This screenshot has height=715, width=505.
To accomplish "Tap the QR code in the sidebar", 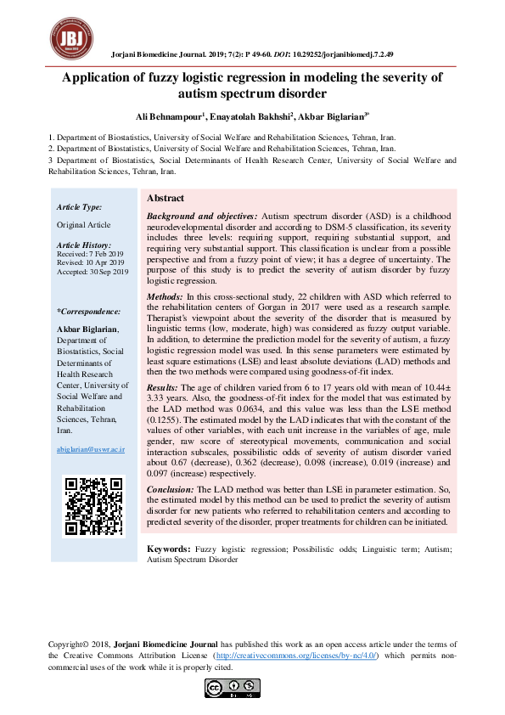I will (94, 507).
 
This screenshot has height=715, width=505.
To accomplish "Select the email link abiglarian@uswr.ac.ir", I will (90, 448).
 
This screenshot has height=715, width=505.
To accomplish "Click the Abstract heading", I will (166, 198).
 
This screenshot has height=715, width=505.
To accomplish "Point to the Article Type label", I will (80, 206).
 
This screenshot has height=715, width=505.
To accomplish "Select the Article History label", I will (85, 245).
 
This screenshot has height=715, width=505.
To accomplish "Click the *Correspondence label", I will (87, 312).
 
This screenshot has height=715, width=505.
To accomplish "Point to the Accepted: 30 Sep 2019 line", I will (92, 272).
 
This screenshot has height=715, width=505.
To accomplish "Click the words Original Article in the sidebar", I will (83, 224).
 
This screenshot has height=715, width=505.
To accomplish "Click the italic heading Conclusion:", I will (171, 490).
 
